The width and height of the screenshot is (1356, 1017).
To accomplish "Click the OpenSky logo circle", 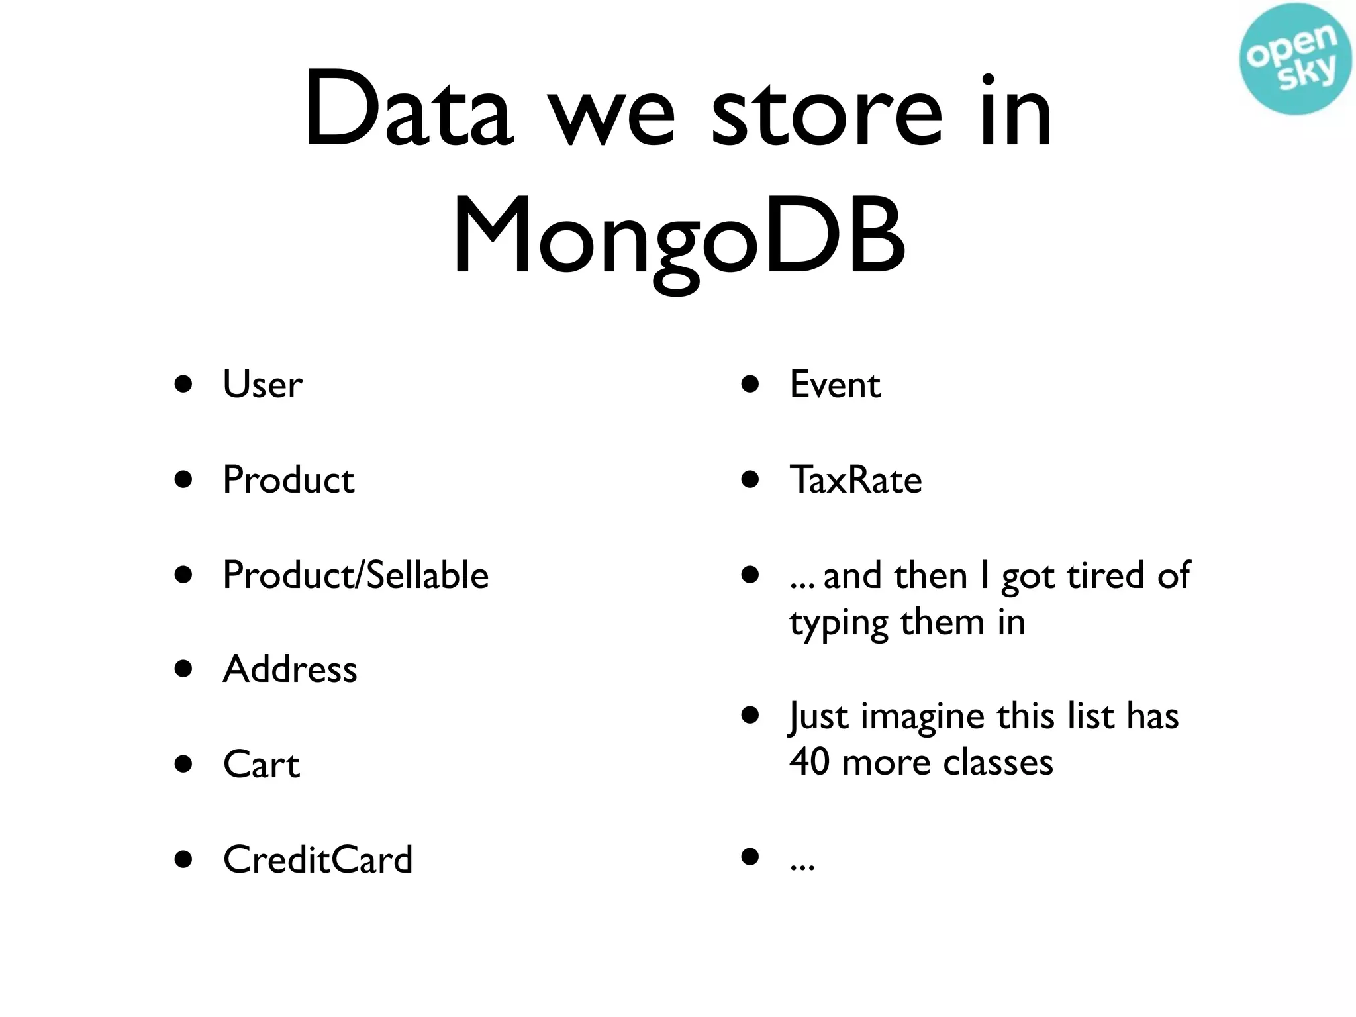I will point(1294,59).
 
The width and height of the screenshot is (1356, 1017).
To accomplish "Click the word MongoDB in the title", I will point(679,237).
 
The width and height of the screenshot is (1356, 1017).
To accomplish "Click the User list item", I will point(263,384).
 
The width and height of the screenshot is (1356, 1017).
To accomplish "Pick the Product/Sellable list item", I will point(356,575).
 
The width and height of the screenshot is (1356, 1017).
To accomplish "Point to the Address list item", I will point(290,669).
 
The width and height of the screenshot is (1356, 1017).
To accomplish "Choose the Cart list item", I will point(262,765).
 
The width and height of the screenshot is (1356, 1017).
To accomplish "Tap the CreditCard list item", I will point(318,859).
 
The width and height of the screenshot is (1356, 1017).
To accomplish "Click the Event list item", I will point(835,384).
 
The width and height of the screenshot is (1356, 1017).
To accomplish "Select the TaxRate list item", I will point(855,479).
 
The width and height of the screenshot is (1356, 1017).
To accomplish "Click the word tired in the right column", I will point(1105,575).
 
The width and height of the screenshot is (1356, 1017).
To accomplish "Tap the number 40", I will point(809,761).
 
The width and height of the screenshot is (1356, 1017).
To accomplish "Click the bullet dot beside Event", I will point(750,384).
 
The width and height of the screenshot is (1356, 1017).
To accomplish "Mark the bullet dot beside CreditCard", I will point(183,859).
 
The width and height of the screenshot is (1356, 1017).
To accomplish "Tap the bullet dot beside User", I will point(183,384).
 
